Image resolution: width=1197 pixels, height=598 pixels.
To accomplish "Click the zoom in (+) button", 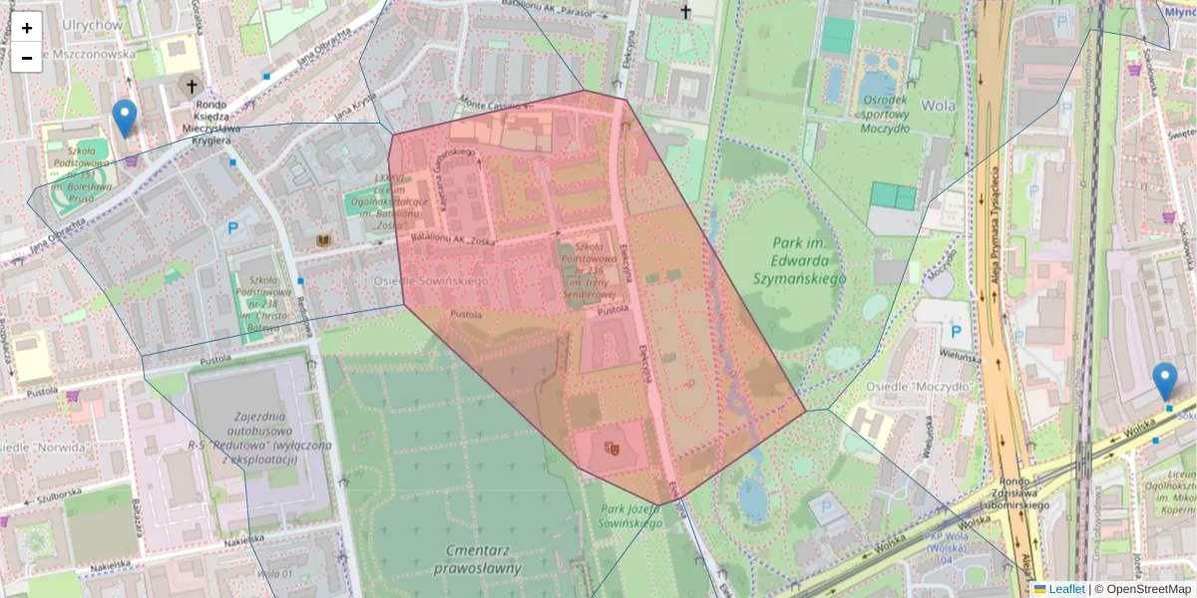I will point(27,28).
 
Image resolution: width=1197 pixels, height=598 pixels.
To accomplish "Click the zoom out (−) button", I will point(27,58).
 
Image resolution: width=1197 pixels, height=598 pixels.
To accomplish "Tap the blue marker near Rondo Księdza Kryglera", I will point(125,118).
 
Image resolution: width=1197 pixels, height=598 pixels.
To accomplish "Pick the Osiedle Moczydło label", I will point(933,386).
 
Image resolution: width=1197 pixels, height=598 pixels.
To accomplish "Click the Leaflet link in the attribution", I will point(1065,589).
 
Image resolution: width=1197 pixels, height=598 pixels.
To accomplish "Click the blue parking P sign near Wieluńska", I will point(956,331).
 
